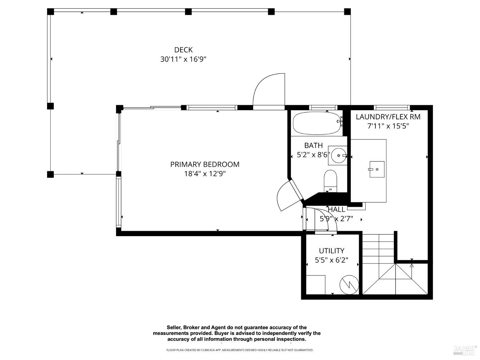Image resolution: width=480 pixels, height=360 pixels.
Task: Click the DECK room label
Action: tap(183, 50)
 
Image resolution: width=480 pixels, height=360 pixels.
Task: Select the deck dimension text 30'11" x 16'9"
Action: tap(183, 60)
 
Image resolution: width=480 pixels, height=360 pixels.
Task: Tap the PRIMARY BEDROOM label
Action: tap(205, 164)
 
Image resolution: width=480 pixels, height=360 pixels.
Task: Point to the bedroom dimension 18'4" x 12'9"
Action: tap(205, 174)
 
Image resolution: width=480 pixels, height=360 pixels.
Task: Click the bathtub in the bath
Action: tap(317, 123)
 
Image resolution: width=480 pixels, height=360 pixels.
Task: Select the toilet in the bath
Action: tap(330, 180)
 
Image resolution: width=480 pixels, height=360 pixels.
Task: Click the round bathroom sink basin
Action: tap(338, 156)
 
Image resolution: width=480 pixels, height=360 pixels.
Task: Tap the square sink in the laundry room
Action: tap(377, 169)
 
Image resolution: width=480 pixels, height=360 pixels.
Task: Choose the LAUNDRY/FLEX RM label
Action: tap(388, 117)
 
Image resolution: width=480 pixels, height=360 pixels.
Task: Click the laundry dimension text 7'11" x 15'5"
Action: tap(388, 126)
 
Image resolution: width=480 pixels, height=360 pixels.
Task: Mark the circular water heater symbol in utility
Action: tap(349, 284)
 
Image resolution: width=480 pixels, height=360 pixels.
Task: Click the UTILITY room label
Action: tap(332, 251)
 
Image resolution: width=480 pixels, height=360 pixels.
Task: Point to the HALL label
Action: tap(337, 210)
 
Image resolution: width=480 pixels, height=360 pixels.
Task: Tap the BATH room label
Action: tap(313, 146)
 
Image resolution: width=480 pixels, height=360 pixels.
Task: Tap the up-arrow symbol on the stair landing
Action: tap(412, 265)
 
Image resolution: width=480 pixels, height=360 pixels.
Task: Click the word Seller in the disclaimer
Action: tap(174, 327)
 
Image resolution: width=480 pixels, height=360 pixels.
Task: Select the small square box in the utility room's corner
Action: tap(316, 284)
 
